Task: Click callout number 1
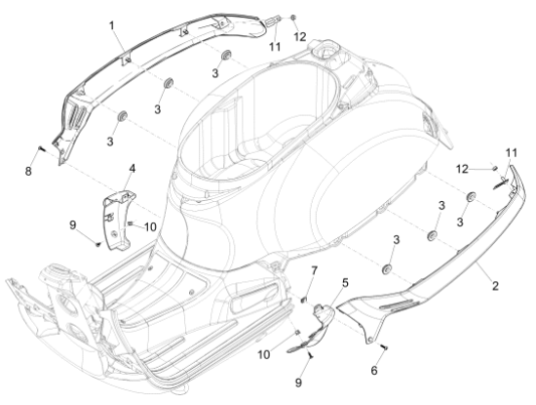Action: point(111,24)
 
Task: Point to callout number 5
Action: point(343,283)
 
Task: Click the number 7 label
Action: point(315,269)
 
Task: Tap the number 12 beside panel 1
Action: point(301,36)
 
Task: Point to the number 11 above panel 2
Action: point(511,152)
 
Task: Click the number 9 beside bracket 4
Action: point(74,226)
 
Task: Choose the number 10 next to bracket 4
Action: point(150,226)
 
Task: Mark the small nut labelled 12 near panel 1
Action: point(292,20)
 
